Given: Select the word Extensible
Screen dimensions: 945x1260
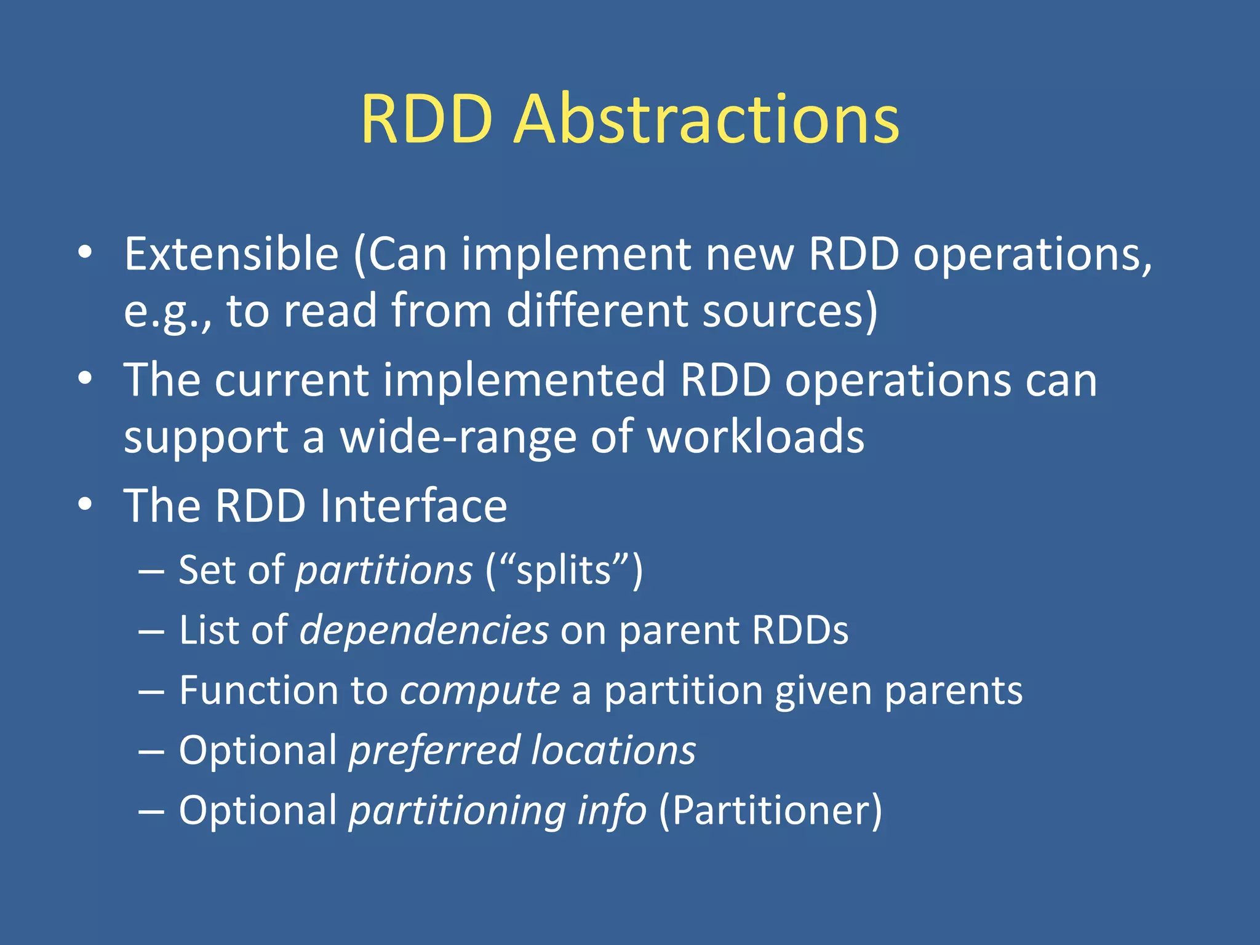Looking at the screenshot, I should coord(231,254).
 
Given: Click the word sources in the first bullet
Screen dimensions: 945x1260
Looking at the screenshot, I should coord(790,311).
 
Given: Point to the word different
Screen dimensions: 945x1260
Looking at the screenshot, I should coord(597,311).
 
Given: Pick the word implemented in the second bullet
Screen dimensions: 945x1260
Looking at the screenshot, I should coord(524,380).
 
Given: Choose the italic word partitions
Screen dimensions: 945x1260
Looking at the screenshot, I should coord(384,570).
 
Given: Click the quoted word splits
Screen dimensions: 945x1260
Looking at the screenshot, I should coord(564,570).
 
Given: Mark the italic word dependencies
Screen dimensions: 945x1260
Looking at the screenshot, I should coord(424,630).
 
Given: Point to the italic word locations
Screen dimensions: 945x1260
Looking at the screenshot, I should coord(613,750).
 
